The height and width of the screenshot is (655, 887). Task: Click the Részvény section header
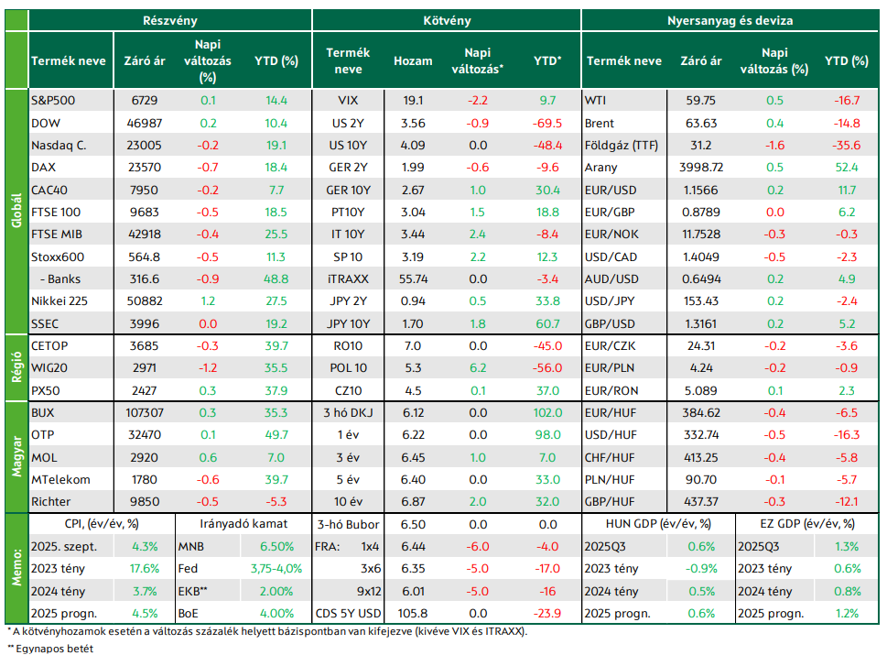pyautogui.click(x=169, y=21)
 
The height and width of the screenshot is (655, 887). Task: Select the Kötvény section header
pyautogui.click(x=447, y=21)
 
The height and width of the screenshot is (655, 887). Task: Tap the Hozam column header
pyautogui.click(x=413, y=61)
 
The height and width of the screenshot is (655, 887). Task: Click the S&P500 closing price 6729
pyautogui.click(x=145, y=101)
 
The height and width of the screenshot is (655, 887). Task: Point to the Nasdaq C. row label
pyautogui.click(x=59, y=146)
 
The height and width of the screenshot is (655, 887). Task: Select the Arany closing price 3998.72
pyautogui.click(x=701, y=168)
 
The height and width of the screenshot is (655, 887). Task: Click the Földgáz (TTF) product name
pyautogui.click(x=622, y=146)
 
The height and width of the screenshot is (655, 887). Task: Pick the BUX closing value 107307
pyautogui.click(x=145, y=413)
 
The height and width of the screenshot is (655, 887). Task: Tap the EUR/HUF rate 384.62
pyautogui.click(x=701, y=413)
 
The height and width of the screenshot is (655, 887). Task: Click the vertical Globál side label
pyautogui.click(x=16, y=211)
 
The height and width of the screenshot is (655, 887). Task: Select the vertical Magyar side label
pyautogui.click(x=16, y=457)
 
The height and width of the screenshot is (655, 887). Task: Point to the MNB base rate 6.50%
pyautogui.click(x=276, y=547)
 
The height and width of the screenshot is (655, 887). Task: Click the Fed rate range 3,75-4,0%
pyautogui.click(x=276, y=569)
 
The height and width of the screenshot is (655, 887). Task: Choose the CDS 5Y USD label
pyautogui.click(x=348, y=614)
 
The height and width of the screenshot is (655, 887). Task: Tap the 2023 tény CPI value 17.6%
pyautogui.click(x=145, y=569)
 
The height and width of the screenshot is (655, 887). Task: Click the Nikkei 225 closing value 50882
pyautogui.click(x=145, y=301)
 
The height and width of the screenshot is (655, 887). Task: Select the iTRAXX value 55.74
pyautogui.click(x=413, y=279)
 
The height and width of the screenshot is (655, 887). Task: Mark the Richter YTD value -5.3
pyautogui.click(x=276, y=502)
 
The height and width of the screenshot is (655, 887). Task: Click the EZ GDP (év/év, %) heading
pyautogui.click(x=807, y=524)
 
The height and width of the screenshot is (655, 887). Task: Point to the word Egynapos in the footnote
pyautogui.click(x=39, y=649)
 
